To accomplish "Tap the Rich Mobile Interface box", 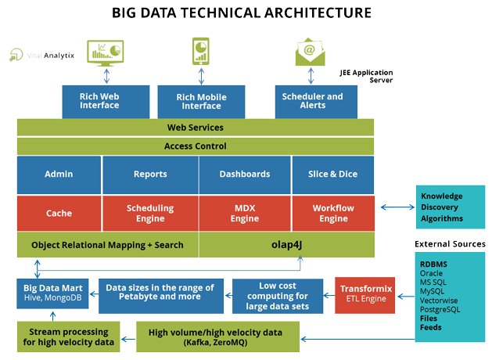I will [x=202, y=101].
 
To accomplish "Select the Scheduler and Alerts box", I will [x=312, y=101].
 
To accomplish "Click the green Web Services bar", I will [x=196, y=128].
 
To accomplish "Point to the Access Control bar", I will [x=196, y=146].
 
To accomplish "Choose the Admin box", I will [x=59, y=174].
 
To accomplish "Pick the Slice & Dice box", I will [x=333, y=174].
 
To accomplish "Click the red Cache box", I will [x=59, y=213].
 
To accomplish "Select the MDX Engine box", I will [x=244, y=213].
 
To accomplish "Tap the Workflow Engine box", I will [x=333, y=213].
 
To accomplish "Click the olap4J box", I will [x=286, y=245].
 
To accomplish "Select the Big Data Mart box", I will [x=54, y=293].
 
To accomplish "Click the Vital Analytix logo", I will [x=41, y=56].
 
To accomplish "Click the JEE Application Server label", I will [x=365, y=76].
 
